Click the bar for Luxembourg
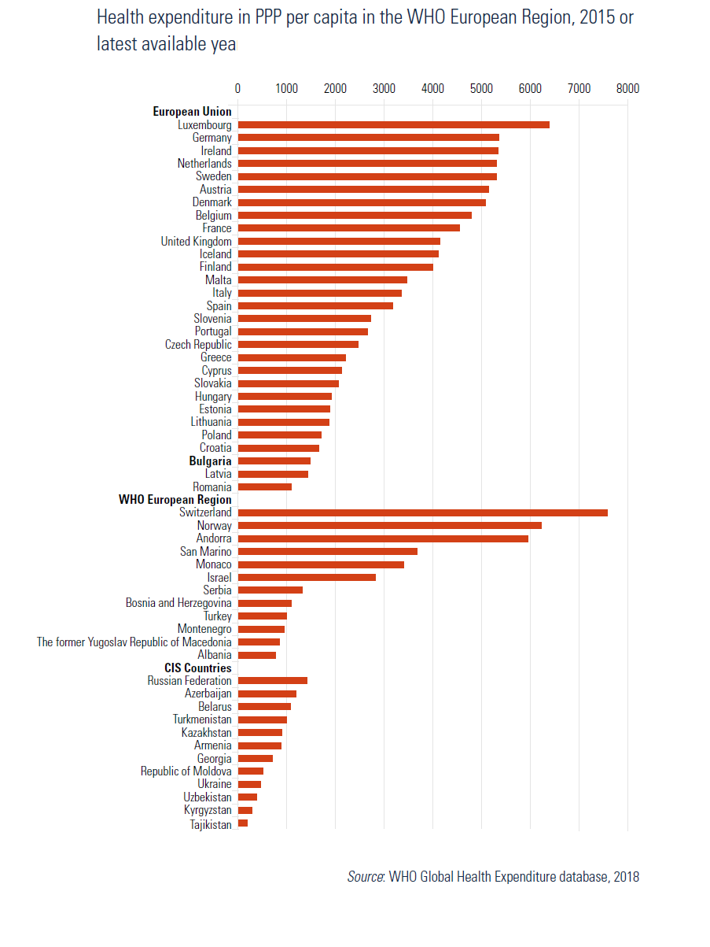[393, 124]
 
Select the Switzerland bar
[423, 512]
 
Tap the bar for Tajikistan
[243, 823]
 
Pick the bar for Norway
[389, 526]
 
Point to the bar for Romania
[265, 486]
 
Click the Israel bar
[307, 577]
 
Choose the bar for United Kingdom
[339, 241]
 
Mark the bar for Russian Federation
[273, 680]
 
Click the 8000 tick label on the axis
[627, 88]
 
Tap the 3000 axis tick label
[384, 88]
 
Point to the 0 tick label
[237, 88]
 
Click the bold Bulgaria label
[210, 461]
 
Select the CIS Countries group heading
[198, 668]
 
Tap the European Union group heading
[192, 111]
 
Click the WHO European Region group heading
[175, 500]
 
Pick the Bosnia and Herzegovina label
[178, 603]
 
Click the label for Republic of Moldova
[186, 771]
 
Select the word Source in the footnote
[366, 877]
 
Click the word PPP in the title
[269, 17]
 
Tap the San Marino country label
[206, 551]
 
